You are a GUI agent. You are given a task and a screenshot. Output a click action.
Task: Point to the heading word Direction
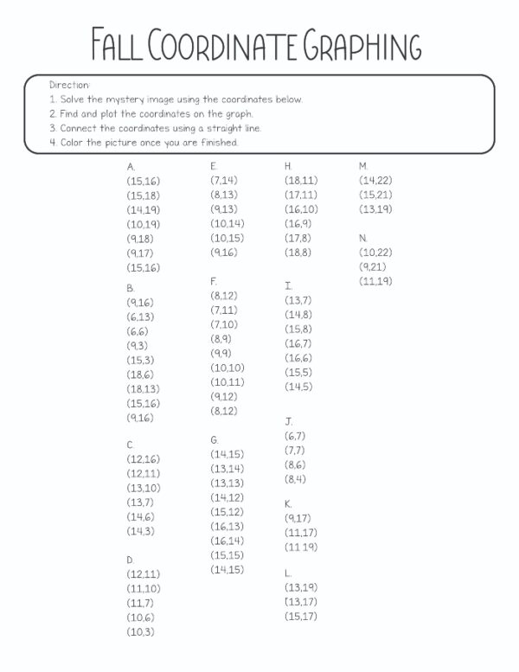click(x=69, y=85)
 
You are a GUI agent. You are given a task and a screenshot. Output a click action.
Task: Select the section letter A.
click(x=131, y=166)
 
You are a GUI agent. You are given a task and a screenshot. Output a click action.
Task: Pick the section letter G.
click(x=215, y=440)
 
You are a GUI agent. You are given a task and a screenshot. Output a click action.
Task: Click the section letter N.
click(x=363, y=237)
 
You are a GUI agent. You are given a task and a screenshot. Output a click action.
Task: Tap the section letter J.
click(x=289, y=421)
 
